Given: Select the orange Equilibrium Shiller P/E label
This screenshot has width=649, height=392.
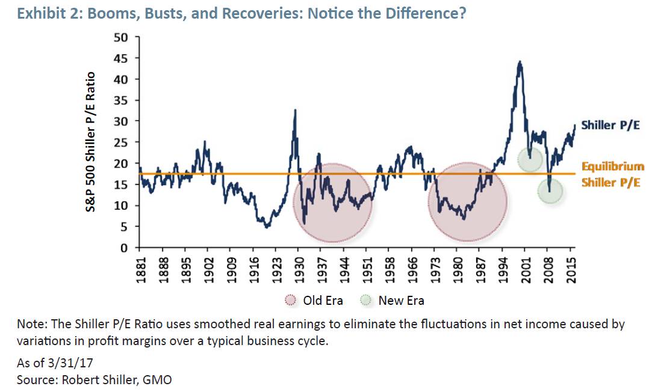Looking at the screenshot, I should tap(613, 174).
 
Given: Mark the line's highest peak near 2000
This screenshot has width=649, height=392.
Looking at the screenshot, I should tap(520, 62).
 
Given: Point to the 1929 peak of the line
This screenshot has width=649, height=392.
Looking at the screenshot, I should tap(295, 110).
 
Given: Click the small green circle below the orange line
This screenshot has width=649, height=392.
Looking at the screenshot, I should tap(550, 191).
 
